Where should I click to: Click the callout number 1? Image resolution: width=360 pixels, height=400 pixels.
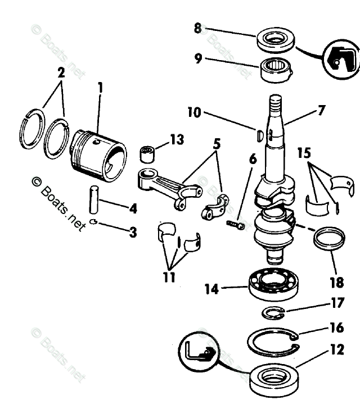(x=100, y=88)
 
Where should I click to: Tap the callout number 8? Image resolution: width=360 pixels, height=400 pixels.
(x=198, y=28)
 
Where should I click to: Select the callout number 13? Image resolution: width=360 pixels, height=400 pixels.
(x=177, y=140)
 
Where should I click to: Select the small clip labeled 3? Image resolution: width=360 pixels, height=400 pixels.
(x=94, y=222)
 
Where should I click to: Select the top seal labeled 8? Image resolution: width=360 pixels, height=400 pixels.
(x=276, y=40)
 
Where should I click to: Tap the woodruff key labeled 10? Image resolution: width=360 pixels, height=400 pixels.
(x=259, y=135)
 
